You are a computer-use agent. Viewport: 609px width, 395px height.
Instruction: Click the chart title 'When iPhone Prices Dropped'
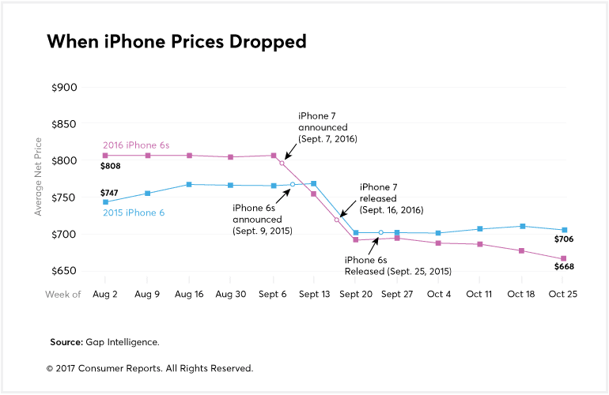pos(176,42)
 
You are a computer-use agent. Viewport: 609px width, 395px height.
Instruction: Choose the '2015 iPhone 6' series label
pos(135,213)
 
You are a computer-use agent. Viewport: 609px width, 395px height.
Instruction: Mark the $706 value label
pos(562,239)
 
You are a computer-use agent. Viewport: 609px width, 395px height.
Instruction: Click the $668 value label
pos(562,266)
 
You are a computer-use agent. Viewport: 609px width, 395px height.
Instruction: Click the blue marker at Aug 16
pos(189,184)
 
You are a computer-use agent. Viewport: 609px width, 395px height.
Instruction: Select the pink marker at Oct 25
pos(563,258)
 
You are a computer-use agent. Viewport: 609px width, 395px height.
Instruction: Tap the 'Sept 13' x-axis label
pos(314,294)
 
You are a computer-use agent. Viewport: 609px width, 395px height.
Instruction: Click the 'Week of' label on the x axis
pos(63,294)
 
